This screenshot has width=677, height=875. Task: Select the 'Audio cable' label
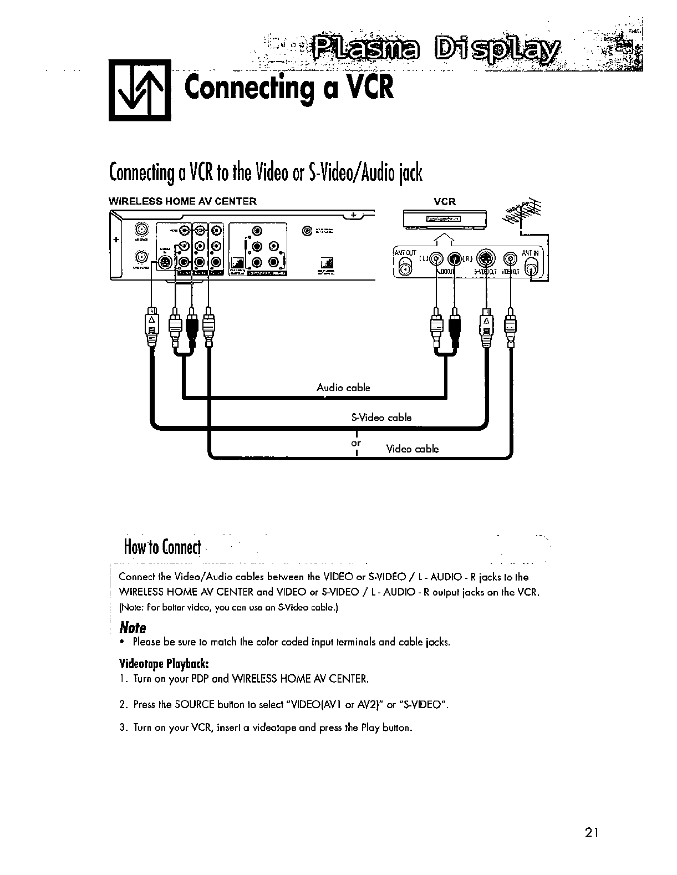click(343, 388)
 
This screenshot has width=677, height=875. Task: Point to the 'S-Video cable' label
click(381, 417)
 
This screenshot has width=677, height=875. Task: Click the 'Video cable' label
click(412, 449)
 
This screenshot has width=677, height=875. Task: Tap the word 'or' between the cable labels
click(356, 443)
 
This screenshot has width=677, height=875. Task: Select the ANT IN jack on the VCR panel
click(532, 268)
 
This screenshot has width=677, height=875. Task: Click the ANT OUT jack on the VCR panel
click(406, 268)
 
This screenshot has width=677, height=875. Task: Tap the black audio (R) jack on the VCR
click(455, 258)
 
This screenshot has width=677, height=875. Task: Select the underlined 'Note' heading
click(133, 628)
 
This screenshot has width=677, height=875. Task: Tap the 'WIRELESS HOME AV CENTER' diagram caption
click(182, 201)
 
